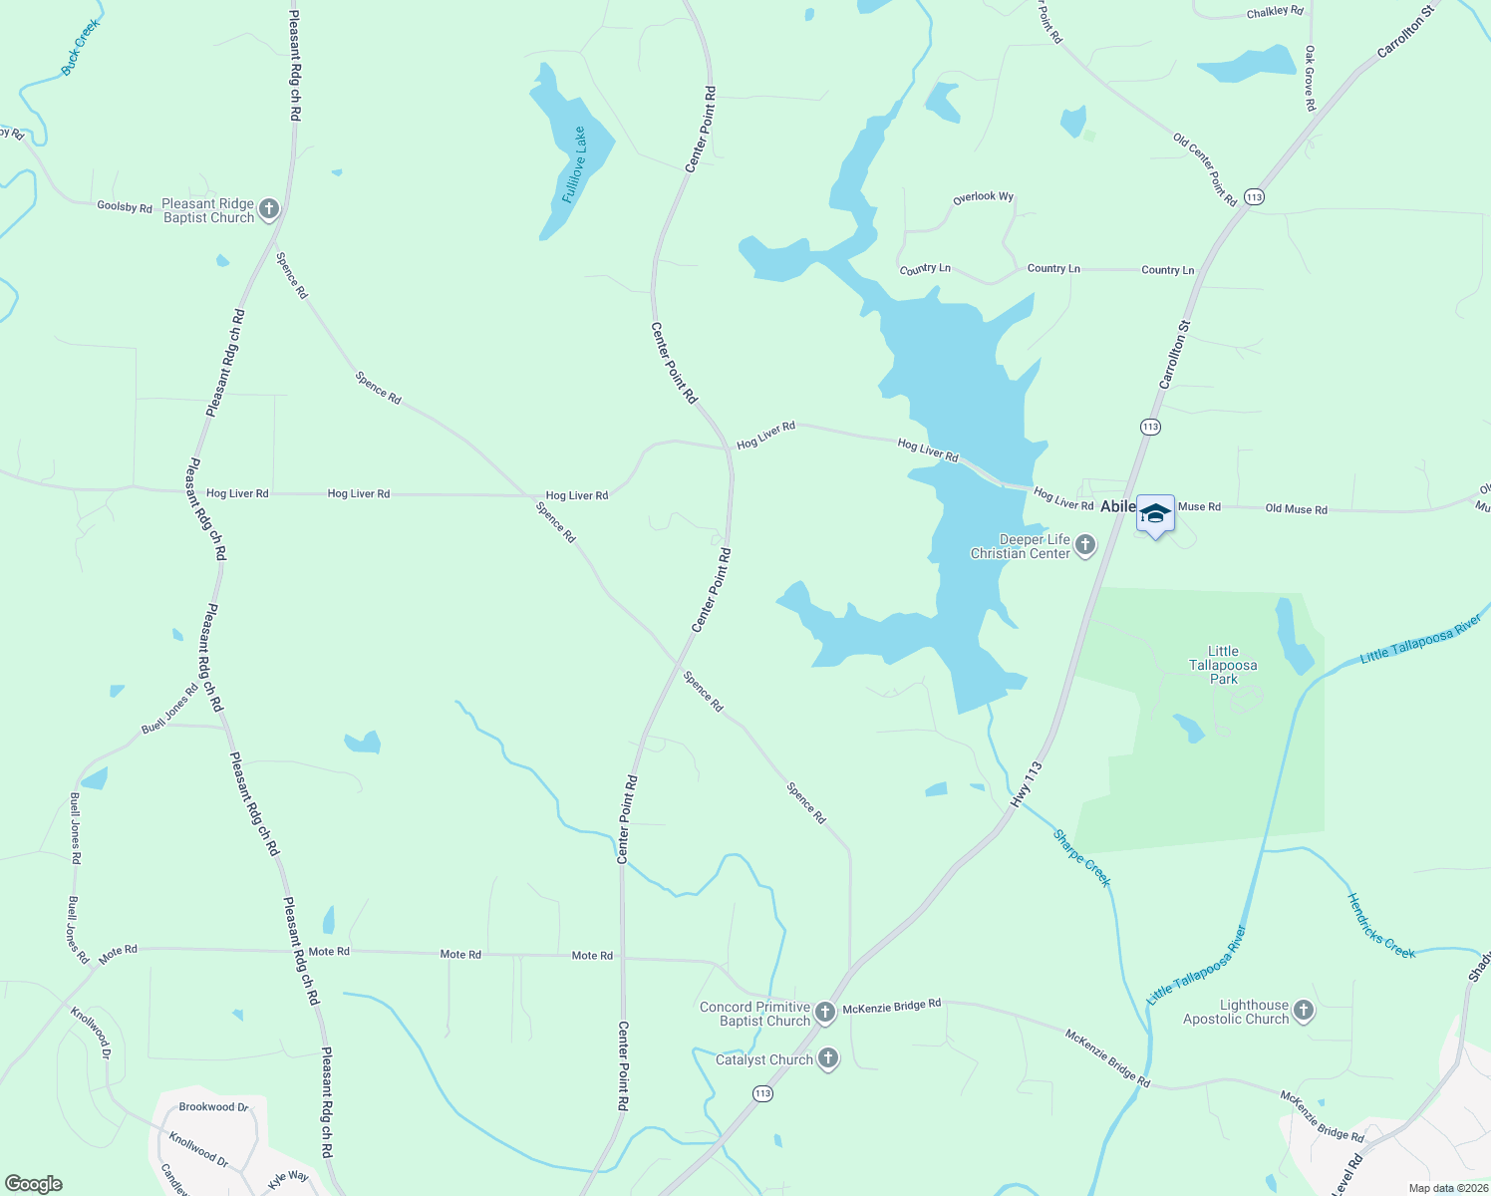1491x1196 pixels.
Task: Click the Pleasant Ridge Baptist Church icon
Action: click(268, 209)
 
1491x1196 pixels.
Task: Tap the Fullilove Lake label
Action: click(574, 165)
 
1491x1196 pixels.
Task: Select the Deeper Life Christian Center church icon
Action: click(1085, 545)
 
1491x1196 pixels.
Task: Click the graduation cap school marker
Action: click(1155, 514)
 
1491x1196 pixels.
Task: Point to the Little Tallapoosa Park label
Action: click(1223, 665)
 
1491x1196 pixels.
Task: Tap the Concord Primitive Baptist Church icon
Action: click(824, 1013)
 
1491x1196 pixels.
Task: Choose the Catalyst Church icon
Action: click(828, 1058)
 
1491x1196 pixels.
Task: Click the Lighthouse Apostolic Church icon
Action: click(1303, 1012)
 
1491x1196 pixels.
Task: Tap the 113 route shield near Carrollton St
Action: click(1150, 427)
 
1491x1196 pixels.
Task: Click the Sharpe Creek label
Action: click(1081, 858)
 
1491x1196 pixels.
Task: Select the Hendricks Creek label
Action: click(1380, 926)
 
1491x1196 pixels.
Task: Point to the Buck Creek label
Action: click(81, 47)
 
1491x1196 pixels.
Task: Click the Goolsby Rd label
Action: click(125, 207)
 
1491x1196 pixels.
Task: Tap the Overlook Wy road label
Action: click(983, 197)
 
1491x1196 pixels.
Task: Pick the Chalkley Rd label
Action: click(1275, 13)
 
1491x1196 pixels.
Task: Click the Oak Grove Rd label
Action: click(1310, 78)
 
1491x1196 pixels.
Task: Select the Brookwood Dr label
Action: click(213, 1107)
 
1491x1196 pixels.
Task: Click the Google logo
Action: click(34, 1184)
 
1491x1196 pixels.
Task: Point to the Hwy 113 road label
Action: click(1026, 784)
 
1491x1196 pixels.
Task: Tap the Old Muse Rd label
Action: click(1296, 509)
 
